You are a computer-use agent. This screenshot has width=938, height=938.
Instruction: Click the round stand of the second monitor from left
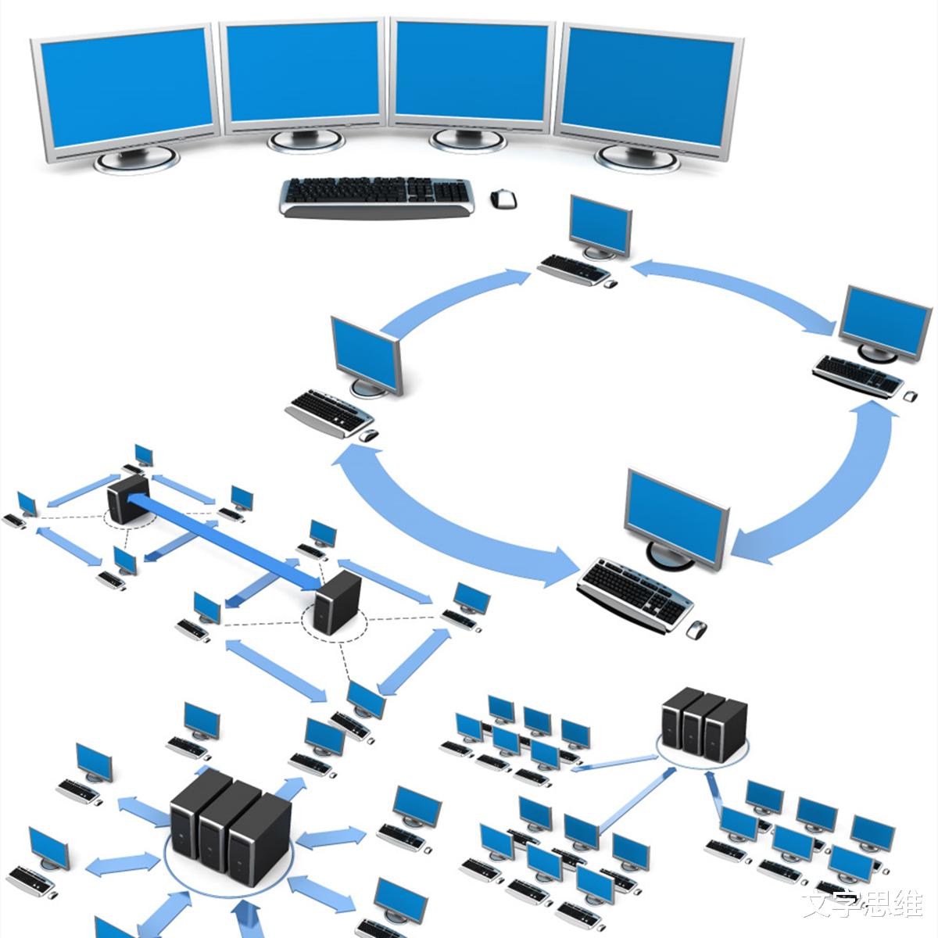306,140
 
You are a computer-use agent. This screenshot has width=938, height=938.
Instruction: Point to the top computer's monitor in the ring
600,226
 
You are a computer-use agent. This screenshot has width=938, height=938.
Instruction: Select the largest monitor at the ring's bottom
677,520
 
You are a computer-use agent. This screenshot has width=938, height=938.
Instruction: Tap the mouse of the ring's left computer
369,434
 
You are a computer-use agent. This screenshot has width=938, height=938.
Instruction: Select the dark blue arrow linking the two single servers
227,539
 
